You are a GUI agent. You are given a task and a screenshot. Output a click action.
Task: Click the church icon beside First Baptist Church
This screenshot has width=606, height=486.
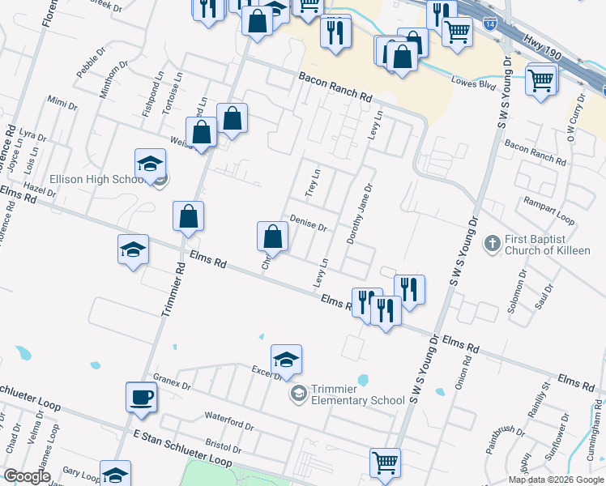491,243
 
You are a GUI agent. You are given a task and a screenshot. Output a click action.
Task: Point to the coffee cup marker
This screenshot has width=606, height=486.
142,396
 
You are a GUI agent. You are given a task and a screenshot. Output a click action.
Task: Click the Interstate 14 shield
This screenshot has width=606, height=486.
491,24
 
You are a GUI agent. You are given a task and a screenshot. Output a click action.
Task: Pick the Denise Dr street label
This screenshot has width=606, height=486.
308,223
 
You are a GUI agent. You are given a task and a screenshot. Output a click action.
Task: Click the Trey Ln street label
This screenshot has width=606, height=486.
314,182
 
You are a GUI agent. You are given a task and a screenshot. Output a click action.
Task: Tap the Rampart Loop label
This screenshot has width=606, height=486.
548,210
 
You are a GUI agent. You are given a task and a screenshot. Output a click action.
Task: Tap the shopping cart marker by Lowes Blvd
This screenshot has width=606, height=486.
540,79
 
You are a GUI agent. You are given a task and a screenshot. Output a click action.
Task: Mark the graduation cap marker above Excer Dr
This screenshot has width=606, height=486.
286,358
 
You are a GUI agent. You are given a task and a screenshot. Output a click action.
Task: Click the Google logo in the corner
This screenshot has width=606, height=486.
27,476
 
